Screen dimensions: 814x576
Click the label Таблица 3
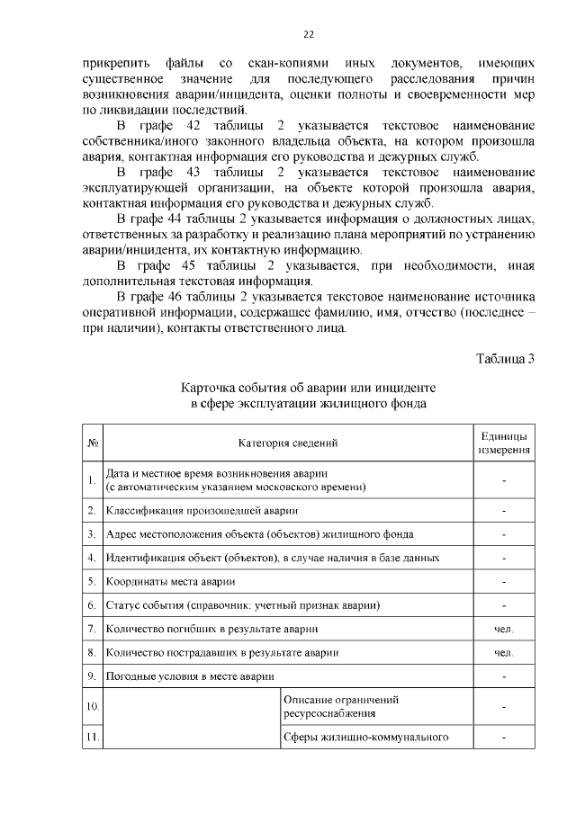(x=505, y=359)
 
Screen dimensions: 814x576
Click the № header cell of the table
(x=93, y=443)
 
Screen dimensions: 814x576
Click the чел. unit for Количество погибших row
(x=504, y=628)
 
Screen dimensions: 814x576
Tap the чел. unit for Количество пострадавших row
(x=504, y=651)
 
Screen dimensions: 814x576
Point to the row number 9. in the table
(x=93, y=675)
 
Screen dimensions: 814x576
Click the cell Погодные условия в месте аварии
(x=190, y=675)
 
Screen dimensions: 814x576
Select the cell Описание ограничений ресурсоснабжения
(x=341, y=706)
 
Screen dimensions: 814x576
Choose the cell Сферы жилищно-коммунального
(x=365, y=738)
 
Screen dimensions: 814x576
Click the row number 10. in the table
(x=93, y=706)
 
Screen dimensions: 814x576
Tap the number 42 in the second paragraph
(x=184, y=123)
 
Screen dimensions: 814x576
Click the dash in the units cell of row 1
(x=504, y=480)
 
